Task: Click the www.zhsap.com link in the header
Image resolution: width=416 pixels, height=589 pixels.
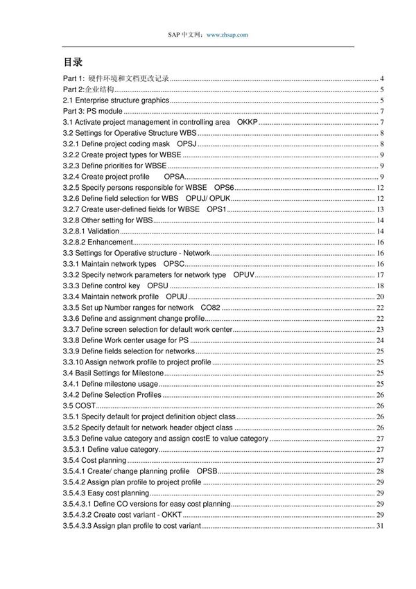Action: point(227,34)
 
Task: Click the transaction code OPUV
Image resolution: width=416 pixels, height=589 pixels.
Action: point(245,275)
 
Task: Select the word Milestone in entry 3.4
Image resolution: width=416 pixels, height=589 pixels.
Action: point(145,373)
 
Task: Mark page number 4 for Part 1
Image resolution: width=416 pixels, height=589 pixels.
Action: point(382,79)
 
